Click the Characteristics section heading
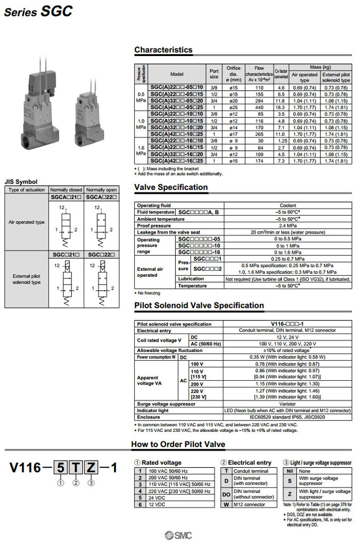click(163, 50)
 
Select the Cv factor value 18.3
click(281, 108)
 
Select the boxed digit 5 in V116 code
click(61, 468)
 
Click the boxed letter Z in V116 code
click(90, 468)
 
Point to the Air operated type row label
click(27, 222)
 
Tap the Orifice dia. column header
click(233, 74)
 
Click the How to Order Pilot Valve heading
click(178, 444)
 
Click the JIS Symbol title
click(21, 181)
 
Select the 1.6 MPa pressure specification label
click(141, 150)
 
